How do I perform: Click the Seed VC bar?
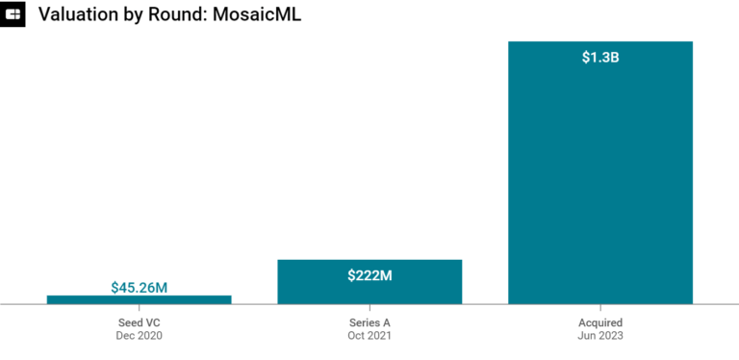pos(139,299)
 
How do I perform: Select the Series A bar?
pos(369,289)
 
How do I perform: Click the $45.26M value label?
pos(139,287)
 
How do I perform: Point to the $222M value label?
pos(369,275)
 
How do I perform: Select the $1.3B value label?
pos(600,58)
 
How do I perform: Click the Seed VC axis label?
pos(139,322)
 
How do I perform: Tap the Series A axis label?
pos(369,322)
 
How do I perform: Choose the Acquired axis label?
pos(600,322)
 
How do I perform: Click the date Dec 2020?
pos(139,336)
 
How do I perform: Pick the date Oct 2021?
pos(369,336)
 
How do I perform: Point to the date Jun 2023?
pos(600,336)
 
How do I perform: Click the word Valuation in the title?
pos(79,14)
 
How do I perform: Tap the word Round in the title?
pos(183,14)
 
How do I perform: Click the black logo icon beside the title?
pos(13,14)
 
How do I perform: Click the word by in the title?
pos(139,14)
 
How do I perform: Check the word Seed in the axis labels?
pos(129,322)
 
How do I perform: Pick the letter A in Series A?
pos(387,322)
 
